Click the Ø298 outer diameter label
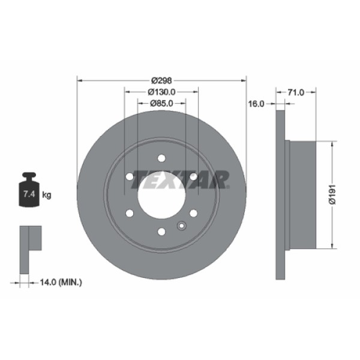pyautogui.click(x=161, y=80)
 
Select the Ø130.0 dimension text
pyautogui.click(x=161, y=92)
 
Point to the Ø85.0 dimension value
pyautogui.click(x=161, y=103)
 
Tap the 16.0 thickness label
pyautogui.click(x=256, y=104)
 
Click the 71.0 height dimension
pyautogui.click(x=296, y=92)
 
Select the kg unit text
pyautogui.click(x=47, y=195)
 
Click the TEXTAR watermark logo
pyautogui.click(x=180, y=179)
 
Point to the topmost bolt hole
pyautogui.click(x=161, y=158)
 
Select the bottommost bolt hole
pyautogui.click(x=161, y=232)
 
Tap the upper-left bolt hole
pyautogui.click(x=130, y=176)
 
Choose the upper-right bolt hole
pyautogui.click(x=193, y=176)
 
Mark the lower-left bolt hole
pyautogui.click(x=130, y=213)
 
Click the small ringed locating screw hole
pyautogui.click(x=182, y=226)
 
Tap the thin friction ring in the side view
pyautogui.click(x=279, y=194)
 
